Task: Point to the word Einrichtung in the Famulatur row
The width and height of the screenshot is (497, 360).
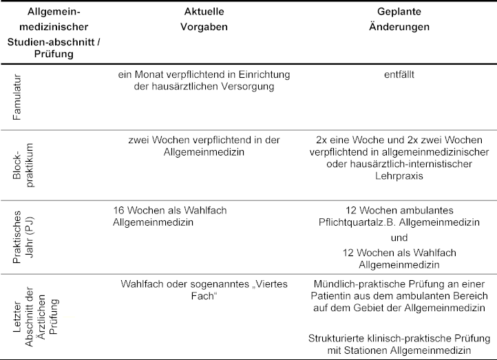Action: [246, 74]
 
